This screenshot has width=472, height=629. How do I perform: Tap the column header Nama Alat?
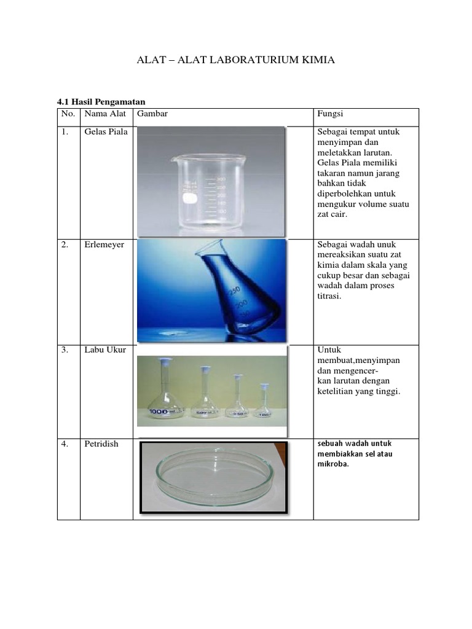coord(105,114)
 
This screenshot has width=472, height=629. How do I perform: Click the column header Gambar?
coord(152,114)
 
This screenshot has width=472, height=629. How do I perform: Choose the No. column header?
coord(68,114)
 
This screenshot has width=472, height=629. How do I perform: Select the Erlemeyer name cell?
coord(104,244)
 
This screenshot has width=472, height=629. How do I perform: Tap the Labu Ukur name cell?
coord(105,350)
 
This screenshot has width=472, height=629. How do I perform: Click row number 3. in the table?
coord(65,350)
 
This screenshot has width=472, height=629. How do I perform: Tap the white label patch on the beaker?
coord(191,199)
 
